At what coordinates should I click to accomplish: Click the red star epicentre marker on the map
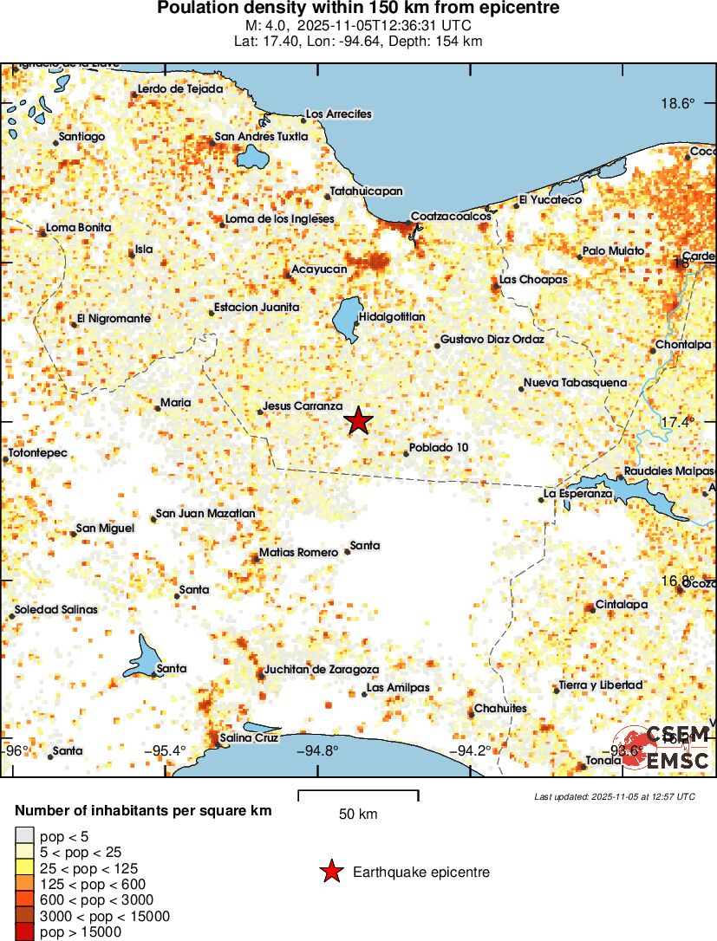[x=358, y=421]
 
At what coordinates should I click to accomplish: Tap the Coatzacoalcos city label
[x=450, y=216]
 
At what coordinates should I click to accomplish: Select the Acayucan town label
[x=318, y=269]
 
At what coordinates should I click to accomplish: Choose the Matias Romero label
[x=299, y=552]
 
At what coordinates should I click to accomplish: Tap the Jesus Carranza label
[x=303, y=406]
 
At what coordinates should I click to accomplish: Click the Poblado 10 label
[x=439, y=447]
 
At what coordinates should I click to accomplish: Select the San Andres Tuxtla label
[x=261, y=136]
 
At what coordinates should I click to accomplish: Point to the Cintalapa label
[x=622, y=605]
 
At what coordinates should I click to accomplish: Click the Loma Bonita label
[x=78, y=227]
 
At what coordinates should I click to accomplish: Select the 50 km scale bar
[x=358, y=795]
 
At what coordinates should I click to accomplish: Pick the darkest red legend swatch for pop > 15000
[x=25, y=932]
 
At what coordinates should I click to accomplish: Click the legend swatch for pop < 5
[x=25, y=835]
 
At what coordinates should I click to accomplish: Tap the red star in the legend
[x=330, y=872]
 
